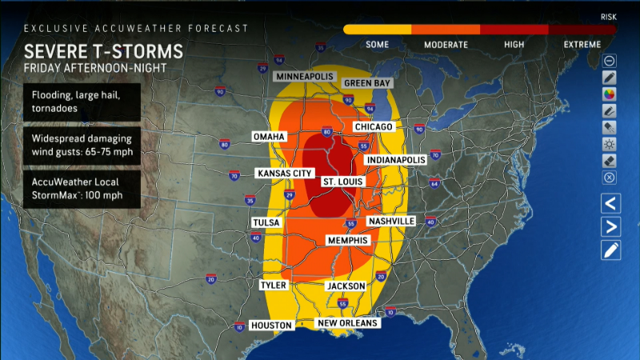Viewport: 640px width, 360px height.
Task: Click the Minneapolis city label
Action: pyautogui.click(x=306, y=76)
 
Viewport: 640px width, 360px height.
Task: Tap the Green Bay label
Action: pyautogui.click(x=366, y=83)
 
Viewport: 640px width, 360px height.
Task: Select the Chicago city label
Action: pyautogui.click(x=374, y=127)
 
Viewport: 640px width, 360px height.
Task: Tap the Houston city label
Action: pyautogui.click(x=272, y=325)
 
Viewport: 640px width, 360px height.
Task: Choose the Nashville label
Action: pyautogui.click(x=391, y=221)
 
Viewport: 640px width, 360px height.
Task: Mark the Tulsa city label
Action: pyautogui.click(x=266, y=222)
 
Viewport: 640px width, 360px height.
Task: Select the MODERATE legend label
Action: pyautogui.click(x=446, y=44)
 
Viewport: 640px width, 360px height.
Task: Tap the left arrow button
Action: pyautogui.click(x=610, y=203)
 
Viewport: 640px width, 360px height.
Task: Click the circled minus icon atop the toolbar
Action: pyautogui.click(x=610, y=60)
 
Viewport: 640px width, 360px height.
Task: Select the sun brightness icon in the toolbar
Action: pyautogui.click(x=610, y=144)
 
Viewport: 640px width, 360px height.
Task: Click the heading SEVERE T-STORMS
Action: pyautogui.click(x=103, y=51)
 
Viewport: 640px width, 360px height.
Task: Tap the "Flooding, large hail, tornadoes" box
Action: pyautogui.click(x=82, y=102)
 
